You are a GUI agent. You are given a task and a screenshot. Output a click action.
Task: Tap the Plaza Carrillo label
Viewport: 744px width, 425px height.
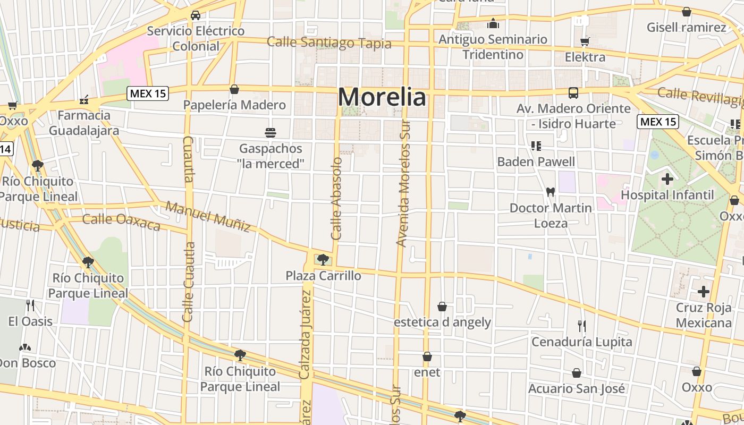323,276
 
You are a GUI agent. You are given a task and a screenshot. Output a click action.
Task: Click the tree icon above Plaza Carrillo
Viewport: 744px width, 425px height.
323,260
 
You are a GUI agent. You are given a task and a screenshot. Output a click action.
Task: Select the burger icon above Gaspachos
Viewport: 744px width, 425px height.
270,132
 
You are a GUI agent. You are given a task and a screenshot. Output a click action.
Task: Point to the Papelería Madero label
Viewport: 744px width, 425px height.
234,105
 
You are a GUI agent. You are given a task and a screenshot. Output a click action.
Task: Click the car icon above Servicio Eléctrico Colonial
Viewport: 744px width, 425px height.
196,15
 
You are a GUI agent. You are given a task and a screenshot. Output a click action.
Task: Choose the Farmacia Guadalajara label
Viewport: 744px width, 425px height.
84,123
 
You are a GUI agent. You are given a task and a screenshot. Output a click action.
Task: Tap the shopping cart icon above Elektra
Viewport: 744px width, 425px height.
585,41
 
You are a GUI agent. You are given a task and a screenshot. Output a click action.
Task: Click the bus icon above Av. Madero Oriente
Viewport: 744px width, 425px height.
573,93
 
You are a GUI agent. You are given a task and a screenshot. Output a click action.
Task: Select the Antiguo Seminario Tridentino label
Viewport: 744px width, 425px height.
493,47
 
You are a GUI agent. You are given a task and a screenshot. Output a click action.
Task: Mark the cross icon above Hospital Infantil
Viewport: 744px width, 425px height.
667,179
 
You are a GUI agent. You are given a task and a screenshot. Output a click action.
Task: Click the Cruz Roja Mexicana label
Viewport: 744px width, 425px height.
704,316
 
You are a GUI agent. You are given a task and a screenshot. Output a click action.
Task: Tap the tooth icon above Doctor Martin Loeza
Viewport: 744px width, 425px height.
551,192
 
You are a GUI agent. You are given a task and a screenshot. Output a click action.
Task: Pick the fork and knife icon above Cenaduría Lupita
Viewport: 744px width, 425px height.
582,326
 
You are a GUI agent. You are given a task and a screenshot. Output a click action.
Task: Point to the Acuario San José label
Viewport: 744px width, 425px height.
577,389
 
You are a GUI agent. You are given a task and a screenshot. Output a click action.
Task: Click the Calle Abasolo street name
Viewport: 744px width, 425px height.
336,198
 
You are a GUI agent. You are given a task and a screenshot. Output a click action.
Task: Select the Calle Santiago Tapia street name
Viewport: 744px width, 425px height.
329,42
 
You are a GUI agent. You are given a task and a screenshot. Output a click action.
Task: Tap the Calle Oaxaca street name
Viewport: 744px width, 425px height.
121,222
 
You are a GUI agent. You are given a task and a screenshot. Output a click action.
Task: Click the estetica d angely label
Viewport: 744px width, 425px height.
442,322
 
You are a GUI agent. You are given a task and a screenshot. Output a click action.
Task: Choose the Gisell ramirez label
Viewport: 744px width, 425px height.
686,27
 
